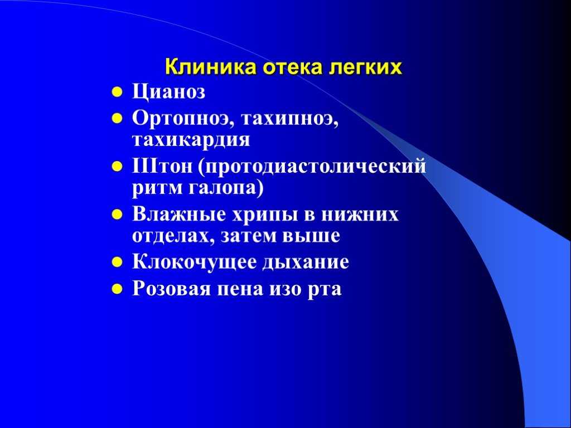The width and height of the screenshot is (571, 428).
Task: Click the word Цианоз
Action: (168, 92)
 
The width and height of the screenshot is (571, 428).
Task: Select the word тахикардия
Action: (191, 140)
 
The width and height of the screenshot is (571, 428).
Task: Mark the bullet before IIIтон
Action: (117, 167)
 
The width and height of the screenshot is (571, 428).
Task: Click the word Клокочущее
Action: (194, 262)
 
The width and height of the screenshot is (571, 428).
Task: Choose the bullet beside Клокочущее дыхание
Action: (117, 262)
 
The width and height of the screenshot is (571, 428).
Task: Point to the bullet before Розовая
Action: (117, 289)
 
